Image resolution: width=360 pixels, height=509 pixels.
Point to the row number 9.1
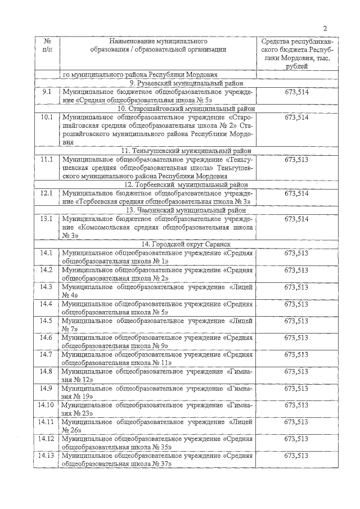(47, 91)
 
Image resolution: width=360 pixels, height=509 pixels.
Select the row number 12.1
(47, 193)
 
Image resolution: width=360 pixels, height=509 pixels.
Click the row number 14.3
(47, 287)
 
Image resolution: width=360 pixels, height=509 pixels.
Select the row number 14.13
(47, 456)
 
